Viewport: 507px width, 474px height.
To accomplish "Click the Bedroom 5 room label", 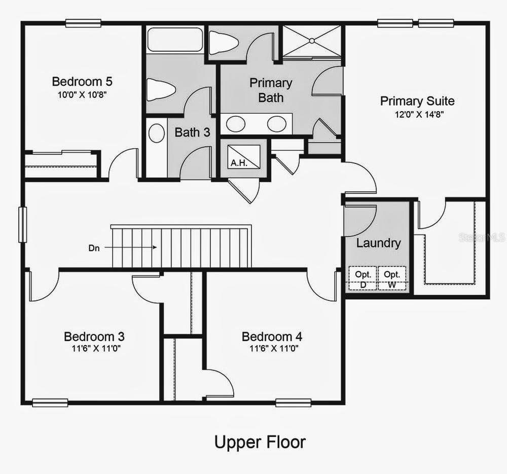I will (82, 81).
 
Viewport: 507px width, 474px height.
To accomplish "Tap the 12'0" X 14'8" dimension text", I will (417, 115).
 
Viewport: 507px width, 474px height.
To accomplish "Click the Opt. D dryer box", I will (363, 279).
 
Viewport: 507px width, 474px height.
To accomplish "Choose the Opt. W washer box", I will (392, 279).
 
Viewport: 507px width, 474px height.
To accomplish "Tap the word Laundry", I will (378, 243).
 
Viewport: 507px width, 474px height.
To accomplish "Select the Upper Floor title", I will (260, 442).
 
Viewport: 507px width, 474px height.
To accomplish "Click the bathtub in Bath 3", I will (175, 40).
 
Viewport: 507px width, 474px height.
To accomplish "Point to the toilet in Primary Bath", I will (224, 43).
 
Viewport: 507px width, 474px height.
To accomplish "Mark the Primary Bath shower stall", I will (311, 41).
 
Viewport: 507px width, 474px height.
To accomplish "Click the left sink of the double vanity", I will (236, 123).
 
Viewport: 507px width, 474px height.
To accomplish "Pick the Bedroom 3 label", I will (94, 336).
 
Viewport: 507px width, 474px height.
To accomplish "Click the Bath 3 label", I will (192, 132).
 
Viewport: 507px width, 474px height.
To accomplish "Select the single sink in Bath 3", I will (157, 134).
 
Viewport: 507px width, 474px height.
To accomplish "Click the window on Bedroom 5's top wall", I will (83, 23).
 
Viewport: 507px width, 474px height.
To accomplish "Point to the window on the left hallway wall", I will (23, 224).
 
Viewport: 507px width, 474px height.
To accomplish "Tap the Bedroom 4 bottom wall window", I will (293, 403).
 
